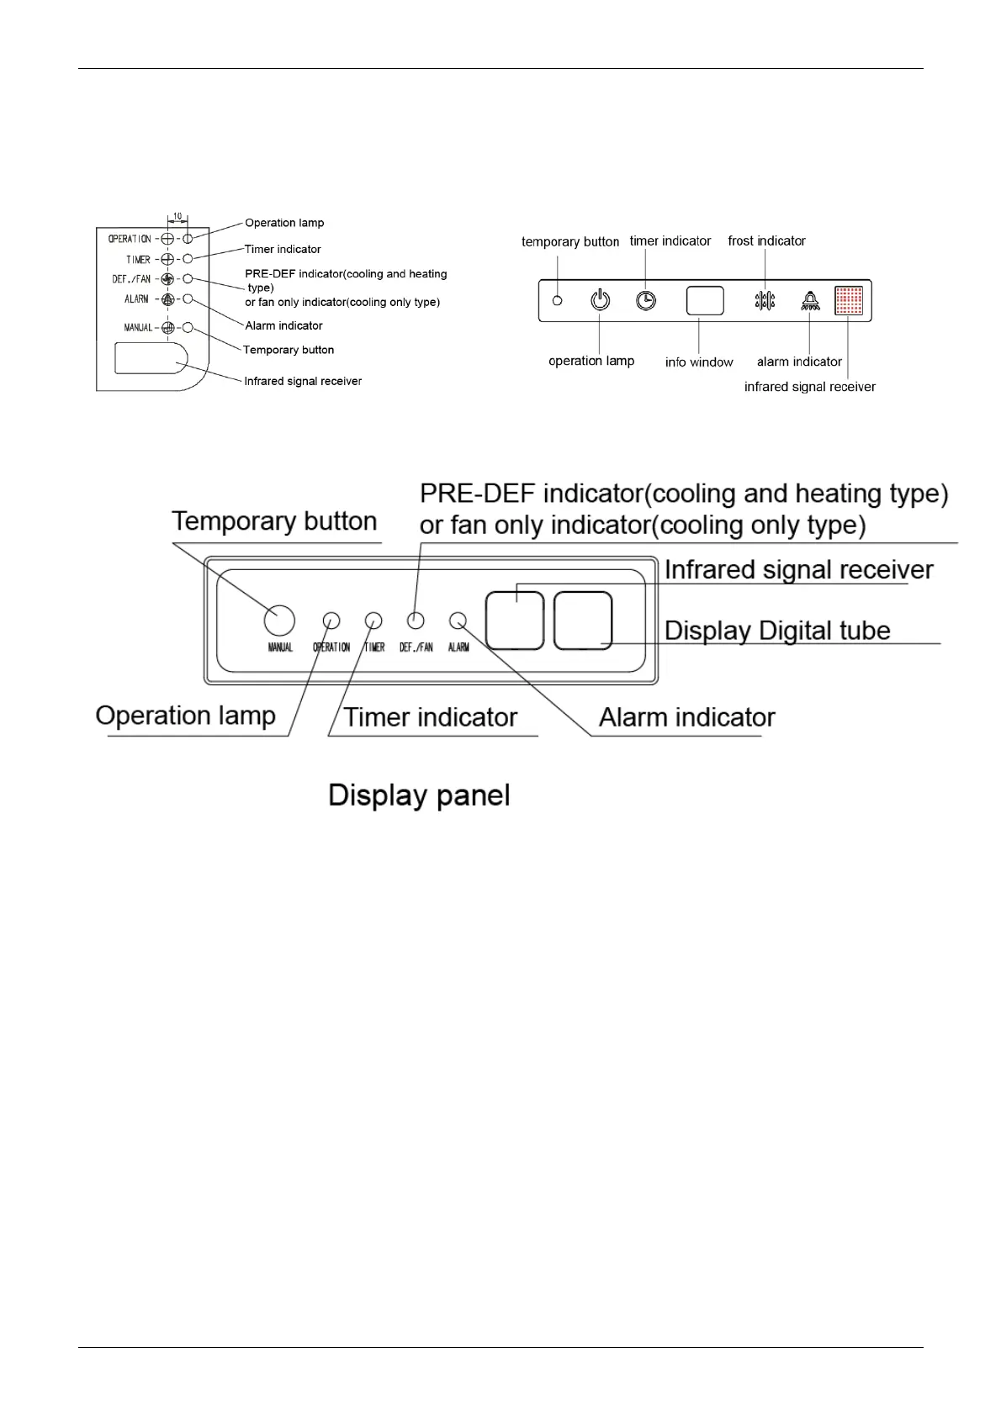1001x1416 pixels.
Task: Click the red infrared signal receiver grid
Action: [849, 300]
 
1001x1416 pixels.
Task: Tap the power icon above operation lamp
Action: [600, 300]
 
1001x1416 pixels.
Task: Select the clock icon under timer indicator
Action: [646, 300]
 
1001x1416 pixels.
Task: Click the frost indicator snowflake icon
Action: [765, 301]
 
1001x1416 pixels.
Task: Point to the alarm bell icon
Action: [809, 300]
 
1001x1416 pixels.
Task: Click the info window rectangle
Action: [705, 300]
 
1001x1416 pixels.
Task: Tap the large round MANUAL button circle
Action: [279, 621]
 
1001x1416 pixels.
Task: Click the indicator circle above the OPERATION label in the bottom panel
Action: [331, 621]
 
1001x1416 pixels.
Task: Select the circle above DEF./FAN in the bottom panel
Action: [416, 621]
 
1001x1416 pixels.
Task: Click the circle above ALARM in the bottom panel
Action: [458, 621]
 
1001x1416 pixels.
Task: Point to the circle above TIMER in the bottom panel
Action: [373, 621]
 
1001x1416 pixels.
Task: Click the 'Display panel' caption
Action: [419, 795]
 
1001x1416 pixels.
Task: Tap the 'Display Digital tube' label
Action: [777, 631]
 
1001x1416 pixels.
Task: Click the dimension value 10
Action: [177, 216]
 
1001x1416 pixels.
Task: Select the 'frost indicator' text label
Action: [766, 241]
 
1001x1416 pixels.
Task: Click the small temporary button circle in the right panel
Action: [557, 300]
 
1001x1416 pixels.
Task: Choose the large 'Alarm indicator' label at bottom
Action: [686, 717]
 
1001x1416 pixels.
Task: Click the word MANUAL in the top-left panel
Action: [139, 327]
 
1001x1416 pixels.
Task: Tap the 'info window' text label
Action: [699, 362]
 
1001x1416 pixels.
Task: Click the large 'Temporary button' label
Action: [274, 521]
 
